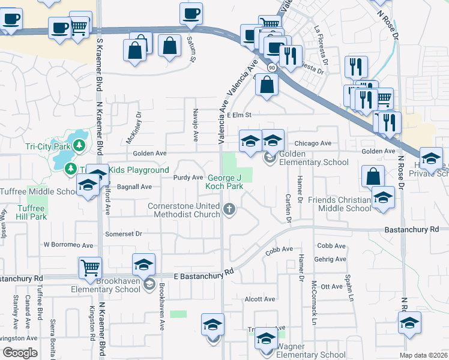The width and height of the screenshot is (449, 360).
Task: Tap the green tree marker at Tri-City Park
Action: [79, 146]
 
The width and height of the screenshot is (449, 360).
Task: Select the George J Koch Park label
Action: [226, 182]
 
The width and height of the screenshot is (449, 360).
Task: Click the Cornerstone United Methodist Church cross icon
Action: [228, 209]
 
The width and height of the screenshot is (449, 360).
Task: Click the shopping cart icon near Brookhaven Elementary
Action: [90, 267]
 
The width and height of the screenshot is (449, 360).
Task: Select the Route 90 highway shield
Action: [272, 67]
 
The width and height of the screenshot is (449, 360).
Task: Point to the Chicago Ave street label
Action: [313, 143]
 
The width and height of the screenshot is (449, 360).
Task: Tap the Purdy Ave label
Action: [188, 178]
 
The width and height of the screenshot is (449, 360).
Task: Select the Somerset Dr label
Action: [123, 233]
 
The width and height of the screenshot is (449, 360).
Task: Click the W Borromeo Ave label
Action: [68, 245]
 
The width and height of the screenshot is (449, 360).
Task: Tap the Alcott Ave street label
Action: [259, 299]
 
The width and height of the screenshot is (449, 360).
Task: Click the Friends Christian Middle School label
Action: [339, 204]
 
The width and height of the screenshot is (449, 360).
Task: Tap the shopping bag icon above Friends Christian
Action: [373, 176]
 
